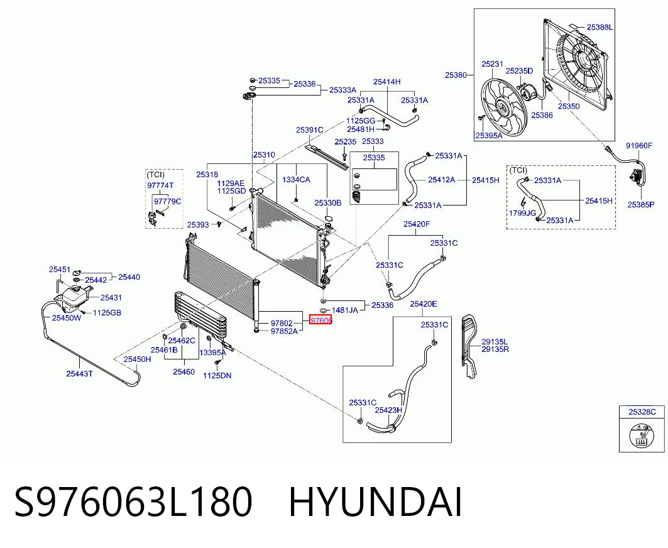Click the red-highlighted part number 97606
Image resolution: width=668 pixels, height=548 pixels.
coord(320,320)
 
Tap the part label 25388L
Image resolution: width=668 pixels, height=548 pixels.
coord(600,27)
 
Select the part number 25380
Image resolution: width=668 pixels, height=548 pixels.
coord(456,75)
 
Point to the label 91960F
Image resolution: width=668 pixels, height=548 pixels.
coord(638,146)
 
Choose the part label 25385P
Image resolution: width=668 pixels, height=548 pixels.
coord(641,204)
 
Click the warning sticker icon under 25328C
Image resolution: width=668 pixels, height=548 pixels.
coord(641,435)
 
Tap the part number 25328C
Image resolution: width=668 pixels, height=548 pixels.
coord(642,412)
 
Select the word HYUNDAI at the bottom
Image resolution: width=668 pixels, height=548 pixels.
coord(375,502)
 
